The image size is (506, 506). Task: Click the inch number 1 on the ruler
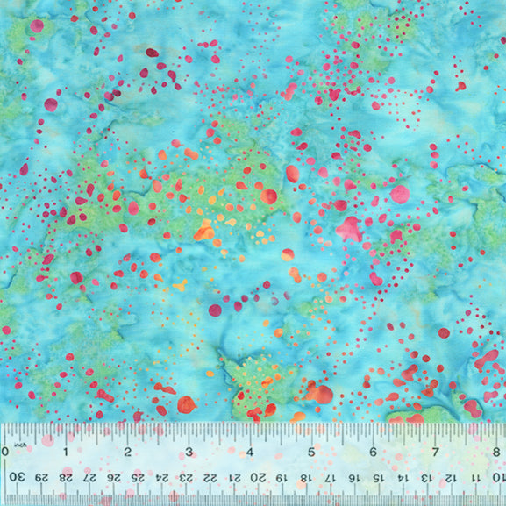67,452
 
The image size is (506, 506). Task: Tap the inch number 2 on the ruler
128,452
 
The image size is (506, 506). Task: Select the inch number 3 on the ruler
189,452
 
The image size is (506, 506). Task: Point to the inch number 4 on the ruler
250,452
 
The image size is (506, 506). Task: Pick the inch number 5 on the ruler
311,452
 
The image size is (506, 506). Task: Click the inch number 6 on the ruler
373,452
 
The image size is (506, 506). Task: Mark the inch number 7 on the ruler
434,452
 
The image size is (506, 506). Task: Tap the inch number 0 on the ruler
5,452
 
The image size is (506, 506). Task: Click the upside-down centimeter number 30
16,476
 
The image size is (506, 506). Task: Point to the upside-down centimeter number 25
137,476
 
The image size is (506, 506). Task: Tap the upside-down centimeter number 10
498,476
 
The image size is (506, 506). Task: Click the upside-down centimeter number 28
64,476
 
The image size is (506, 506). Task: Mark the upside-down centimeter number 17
331,476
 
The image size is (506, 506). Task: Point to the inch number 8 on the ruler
495,452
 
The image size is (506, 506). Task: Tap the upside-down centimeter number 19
282,476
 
